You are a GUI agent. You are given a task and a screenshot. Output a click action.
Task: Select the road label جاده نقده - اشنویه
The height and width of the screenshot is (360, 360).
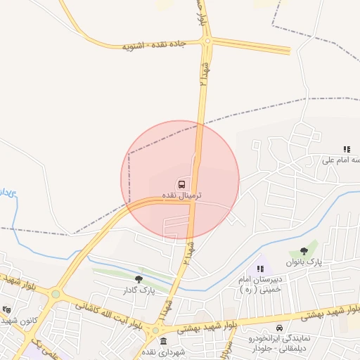[x=153, y=44]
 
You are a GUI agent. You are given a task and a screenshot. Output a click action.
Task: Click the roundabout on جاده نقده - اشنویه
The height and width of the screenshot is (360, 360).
[x=207, y=41]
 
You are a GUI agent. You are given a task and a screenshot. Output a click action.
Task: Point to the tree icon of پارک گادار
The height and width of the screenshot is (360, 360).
[x=138, y=279]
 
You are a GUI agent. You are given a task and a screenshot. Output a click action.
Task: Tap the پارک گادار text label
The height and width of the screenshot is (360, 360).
[x=138, y=290]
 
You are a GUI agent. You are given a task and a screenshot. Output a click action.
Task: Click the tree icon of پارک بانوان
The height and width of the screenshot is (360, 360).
[x=304, y=251]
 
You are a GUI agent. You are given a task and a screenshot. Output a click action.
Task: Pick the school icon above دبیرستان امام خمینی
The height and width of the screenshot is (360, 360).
[x=261, y=268]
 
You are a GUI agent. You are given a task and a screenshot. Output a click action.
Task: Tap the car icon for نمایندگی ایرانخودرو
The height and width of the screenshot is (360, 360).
[x=279, y=328]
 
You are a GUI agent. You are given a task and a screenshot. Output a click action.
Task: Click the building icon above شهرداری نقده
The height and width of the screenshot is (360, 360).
[x=164, y=342]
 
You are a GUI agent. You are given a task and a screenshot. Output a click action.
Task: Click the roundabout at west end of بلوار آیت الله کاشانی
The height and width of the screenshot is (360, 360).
[x=56, y=294]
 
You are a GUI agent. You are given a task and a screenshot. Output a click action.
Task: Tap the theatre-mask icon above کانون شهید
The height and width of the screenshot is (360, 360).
[x=7, y=309]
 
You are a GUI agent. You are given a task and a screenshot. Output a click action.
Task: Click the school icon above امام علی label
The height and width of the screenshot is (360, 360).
[x=347, y=149]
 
